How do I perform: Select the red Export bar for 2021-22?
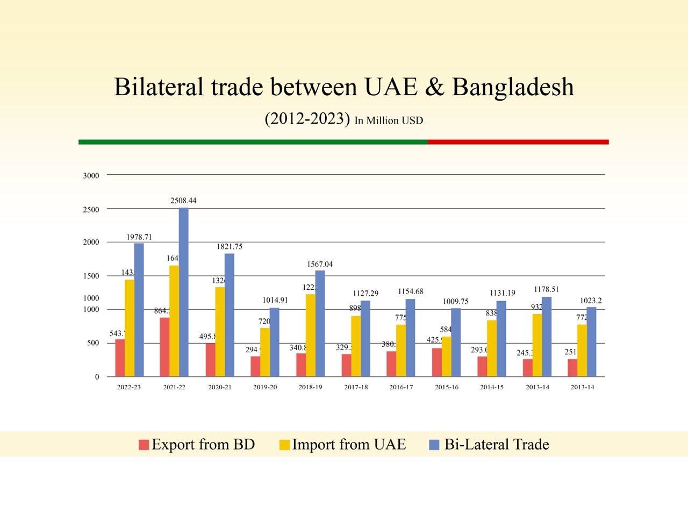click(164, 347)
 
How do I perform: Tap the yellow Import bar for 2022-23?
click(130, 327)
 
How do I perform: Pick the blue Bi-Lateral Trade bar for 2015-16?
click(456, 342)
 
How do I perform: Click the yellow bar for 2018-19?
click(311, 335)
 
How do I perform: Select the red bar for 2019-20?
click(255, 366)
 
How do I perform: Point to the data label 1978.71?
click(139, 237)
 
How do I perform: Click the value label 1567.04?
click(320, 265)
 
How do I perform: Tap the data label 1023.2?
click(591, 301)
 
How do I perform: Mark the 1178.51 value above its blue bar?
click(546, 289)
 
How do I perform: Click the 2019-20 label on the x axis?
click(265, 387)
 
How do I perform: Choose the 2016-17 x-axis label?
click(401, 387)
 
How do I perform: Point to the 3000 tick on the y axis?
click(91, 176)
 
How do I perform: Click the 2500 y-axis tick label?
click(91, 210)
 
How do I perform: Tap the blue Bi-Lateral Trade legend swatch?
click(434, 445)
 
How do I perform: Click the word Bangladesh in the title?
click(513, 87)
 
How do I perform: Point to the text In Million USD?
click(389, 121)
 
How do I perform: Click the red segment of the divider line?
click(518, 142)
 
